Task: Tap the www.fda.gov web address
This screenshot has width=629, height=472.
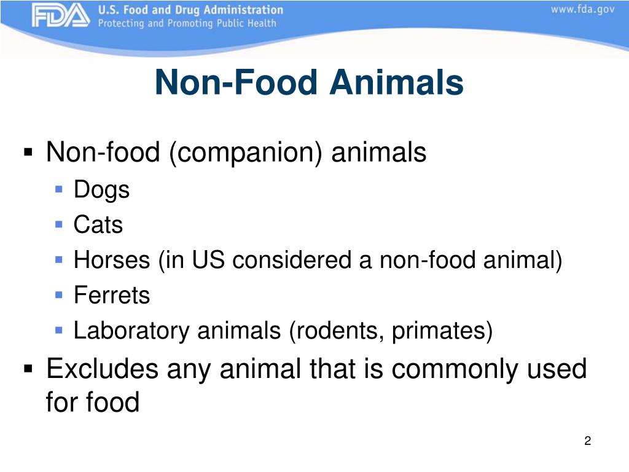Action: click(582, 10)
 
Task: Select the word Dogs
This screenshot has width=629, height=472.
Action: click(101, 190)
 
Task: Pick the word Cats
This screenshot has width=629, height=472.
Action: click(98, 225)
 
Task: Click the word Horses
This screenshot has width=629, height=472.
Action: click(112, 261)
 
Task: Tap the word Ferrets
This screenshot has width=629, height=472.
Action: click(112, 296)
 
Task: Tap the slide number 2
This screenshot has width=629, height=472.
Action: click(587, 441)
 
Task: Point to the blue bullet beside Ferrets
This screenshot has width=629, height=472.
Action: click(58, 295)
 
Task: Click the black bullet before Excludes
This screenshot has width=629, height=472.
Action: click(28, 370)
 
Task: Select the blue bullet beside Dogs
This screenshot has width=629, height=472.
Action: click(58, 189)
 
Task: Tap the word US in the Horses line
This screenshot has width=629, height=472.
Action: click(209, 261)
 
